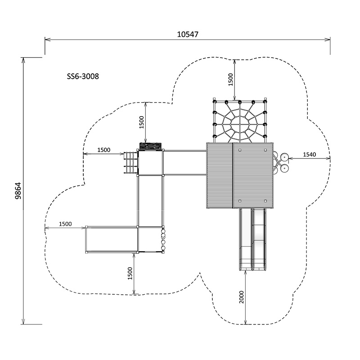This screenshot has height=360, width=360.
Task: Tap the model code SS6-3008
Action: tap(82, 76)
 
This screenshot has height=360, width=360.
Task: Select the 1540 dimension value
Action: tap(309, 154)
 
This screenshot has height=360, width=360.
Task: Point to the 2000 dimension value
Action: tap(242, 297)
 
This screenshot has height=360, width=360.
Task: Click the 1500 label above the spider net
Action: tap(230, 80)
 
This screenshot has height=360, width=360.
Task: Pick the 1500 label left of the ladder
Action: tap(104, 150)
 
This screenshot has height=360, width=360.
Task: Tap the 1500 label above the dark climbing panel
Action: tap(141, 122)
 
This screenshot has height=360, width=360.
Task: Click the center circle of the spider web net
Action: tap(239, 121)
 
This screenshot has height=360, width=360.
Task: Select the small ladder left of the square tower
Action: tap(130, 163)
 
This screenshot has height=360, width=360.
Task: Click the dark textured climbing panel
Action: tap(150, 146)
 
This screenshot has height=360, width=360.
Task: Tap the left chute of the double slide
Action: tap(246, 238)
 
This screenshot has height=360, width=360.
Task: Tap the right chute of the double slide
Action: tap(260, 238)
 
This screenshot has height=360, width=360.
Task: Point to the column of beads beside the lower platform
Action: tap(163, 240)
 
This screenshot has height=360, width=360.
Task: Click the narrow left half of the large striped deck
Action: tap(219, 175)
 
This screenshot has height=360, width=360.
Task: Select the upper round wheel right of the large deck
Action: tap(284, 157)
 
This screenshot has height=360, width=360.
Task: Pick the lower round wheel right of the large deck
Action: tap(284, 168)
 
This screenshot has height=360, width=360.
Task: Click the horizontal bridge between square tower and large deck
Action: tap(184, 162)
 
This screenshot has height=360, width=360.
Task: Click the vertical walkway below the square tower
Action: tap(150, 201)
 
